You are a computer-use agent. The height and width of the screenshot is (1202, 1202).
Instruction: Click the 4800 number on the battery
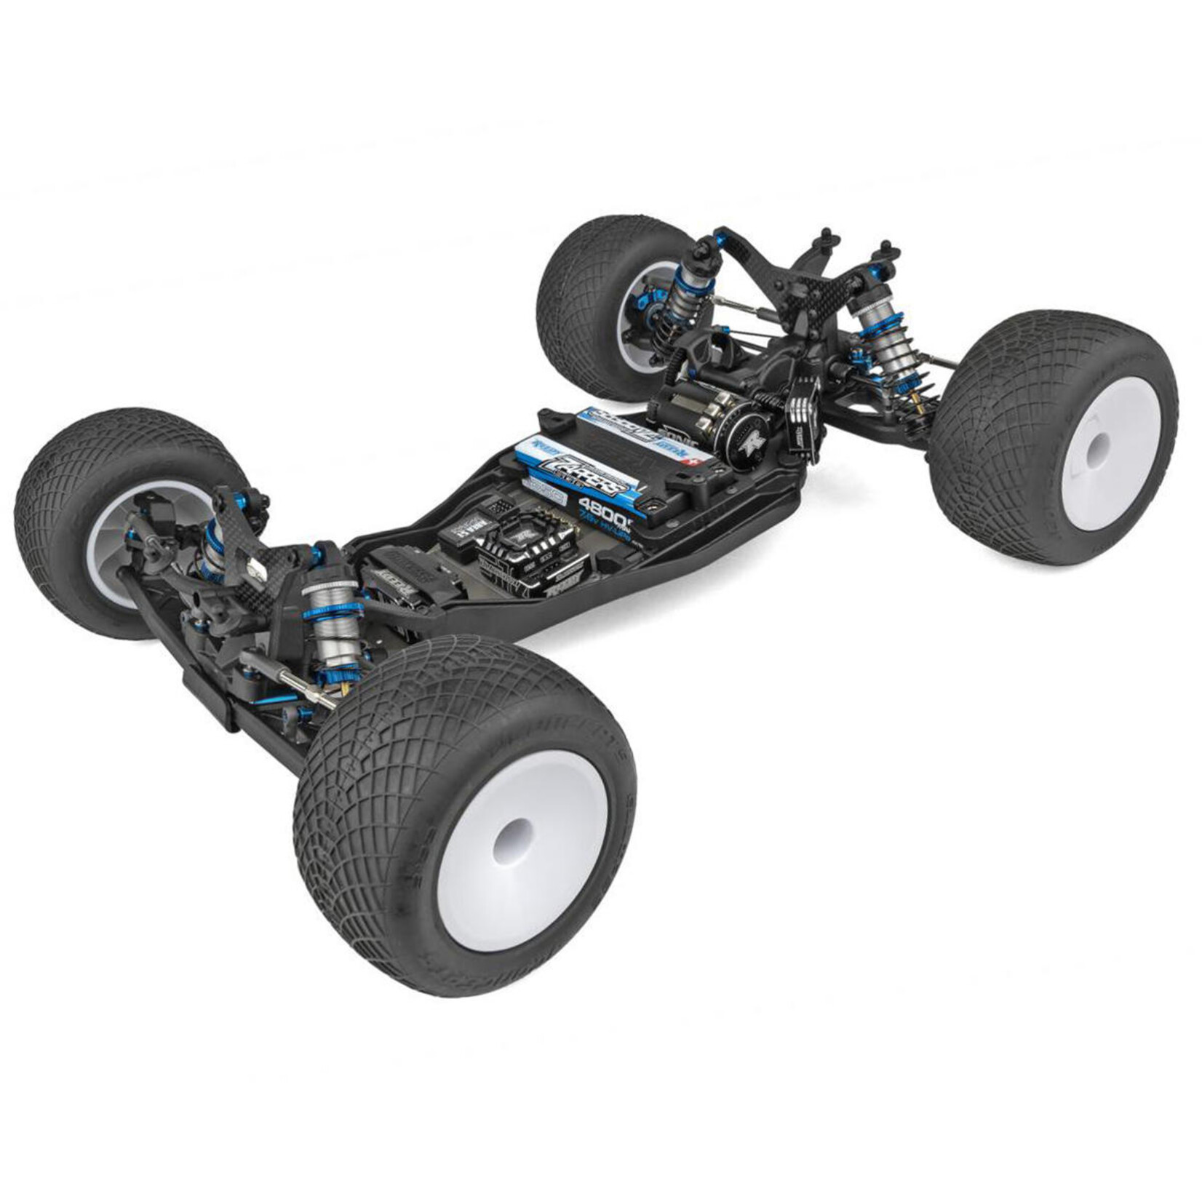click(598, 505)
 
